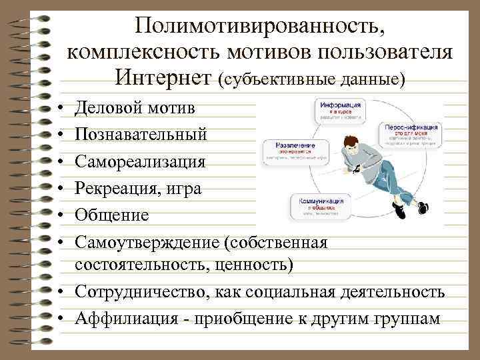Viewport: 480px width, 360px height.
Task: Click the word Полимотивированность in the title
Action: (259, 26)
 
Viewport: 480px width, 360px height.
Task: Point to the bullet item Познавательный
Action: (141, 135)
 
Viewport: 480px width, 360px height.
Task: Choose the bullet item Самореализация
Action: (141, 161)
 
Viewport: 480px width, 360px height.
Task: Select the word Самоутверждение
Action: (147, 243)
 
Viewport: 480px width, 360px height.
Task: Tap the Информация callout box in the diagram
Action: (340, 111)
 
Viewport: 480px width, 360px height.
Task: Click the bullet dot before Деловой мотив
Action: (61, 108)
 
